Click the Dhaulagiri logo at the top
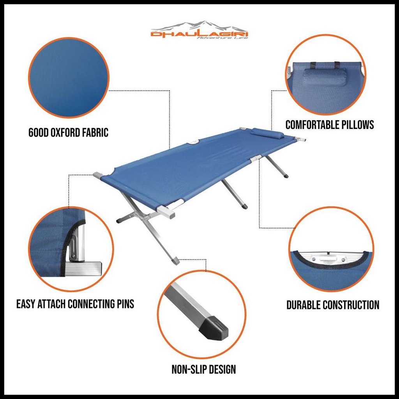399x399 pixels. (x=199, y=32)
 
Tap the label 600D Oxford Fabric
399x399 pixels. (x=69, y=133)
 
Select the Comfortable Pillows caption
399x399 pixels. (x=330, y=125)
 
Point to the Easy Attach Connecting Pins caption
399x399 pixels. (x=75, y=304)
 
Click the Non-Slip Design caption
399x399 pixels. (x=204, y=369)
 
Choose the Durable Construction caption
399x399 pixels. (x=333, y=305)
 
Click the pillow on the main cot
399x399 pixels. (x=267, y=133)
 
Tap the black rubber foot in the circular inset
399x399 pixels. (x=214, y=328)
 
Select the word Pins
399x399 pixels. (x=125, y=304)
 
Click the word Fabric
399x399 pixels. (x=96, y=133)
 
